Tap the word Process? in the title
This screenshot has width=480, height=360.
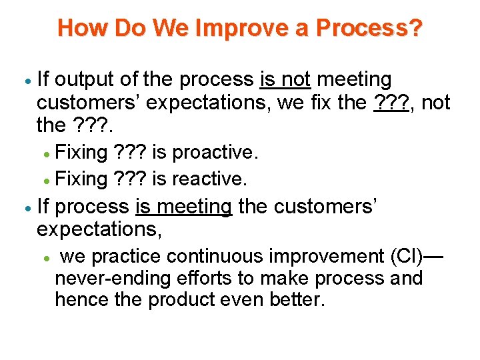coord(369,28)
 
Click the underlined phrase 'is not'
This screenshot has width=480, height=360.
coord(285,80)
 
